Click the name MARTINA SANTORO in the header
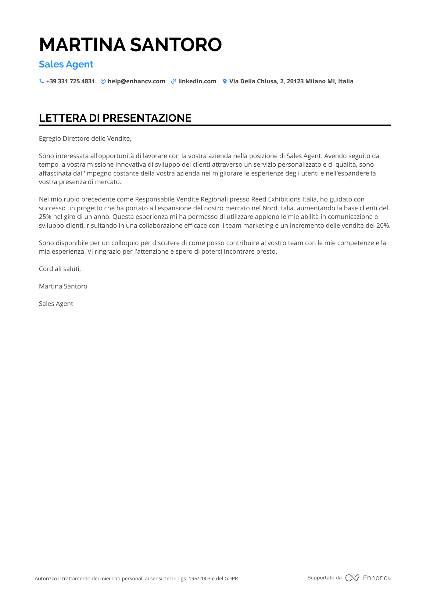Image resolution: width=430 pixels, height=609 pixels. [130, 45]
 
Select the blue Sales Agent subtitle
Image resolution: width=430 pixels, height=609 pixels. [66, 64]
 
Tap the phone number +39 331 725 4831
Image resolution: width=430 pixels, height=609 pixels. [70, 82]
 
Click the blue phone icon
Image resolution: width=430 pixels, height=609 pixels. [41, 81]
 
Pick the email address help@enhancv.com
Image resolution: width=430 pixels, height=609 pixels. [136, 82]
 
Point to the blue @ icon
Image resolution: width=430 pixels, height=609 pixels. [103, 81]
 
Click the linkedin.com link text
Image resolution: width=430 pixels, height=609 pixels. [197, 82]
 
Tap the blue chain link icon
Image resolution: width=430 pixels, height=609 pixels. [174, 81]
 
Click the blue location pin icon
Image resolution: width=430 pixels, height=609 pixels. [225, 81]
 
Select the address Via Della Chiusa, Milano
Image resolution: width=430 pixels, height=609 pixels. [291, 82]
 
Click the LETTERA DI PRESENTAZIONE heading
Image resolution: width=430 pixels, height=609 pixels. [115, 118]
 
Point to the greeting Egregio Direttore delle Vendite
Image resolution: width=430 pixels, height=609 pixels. [85, 139]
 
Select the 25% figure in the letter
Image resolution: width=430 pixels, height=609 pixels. [45, 217]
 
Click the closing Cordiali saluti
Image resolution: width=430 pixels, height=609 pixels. [60, 269]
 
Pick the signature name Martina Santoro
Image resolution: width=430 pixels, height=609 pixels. [63, 286]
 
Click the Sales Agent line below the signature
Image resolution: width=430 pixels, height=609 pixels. [56, 304]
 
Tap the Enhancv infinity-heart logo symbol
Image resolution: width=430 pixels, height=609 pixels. [352, 578]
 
